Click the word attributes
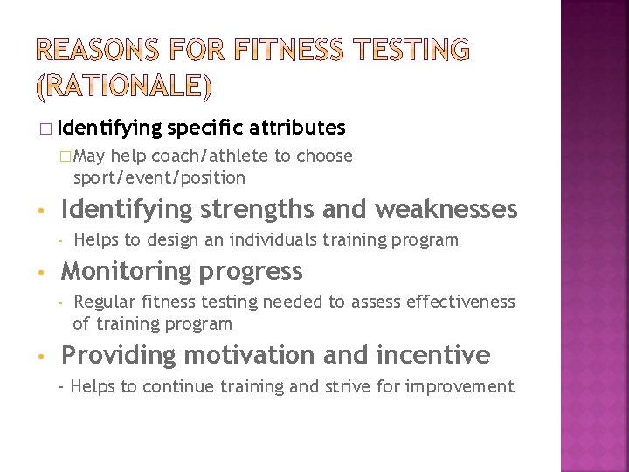pyautogui.click(x=298, y=128)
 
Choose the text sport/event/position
pyautogui.click(x=159, y=177)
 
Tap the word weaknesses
pyautogui.click(x=446, y=210)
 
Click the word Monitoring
pyautogui.click(x=127, y=272)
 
